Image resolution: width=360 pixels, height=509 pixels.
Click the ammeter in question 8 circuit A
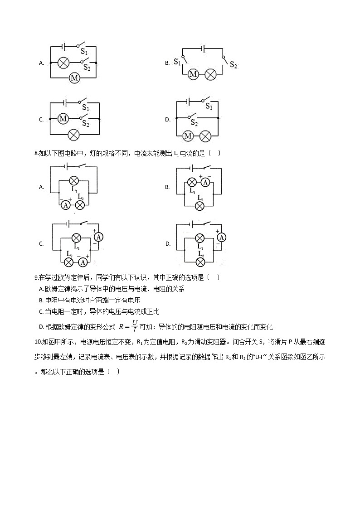[65, 205]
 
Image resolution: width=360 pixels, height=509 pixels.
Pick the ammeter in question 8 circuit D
[221, 237]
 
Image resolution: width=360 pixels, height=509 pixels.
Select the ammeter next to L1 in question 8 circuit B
[205, 182]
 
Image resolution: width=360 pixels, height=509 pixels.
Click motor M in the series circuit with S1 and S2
[193, 74]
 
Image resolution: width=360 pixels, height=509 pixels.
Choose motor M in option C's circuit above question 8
[63, 119]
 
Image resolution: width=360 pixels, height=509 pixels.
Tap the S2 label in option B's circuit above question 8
[233, 65]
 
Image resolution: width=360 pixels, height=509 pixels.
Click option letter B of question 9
[41, 301]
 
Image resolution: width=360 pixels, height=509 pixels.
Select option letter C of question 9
[41, 312]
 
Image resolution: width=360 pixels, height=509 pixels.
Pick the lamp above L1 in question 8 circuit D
[199, 238]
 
